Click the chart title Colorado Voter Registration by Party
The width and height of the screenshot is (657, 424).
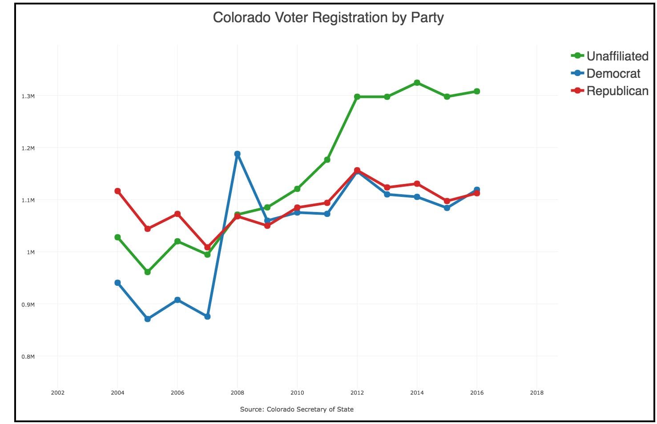click(328, 18)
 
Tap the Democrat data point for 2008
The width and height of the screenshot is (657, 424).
click(238, 154)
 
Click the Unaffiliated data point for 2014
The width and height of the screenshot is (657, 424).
click(417, 83)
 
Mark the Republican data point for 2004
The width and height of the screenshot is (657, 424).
click(117, 191)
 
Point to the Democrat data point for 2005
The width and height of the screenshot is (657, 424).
click(148, 319)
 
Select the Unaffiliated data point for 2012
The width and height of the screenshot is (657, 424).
click(357, 96)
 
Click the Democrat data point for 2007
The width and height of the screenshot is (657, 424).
click(207, 316)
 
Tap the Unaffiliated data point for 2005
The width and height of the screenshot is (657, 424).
click(148, 272)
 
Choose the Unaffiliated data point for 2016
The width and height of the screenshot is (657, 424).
click(477, 92)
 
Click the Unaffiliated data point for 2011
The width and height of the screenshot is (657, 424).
click(327, 160)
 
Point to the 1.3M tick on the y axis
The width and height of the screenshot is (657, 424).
click(28, 96)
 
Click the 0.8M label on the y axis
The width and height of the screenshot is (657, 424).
click(28, 356)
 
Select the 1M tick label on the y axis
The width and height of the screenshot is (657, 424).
click(30, 252)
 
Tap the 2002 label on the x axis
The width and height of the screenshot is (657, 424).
click(57, 392)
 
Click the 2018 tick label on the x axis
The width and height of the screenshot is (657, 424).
click(536, 392)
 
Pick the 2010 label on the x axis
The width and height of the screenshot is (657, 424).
click(297, 392)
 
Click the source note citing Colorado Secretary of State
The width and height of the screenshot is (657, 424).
click(297, 409)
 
